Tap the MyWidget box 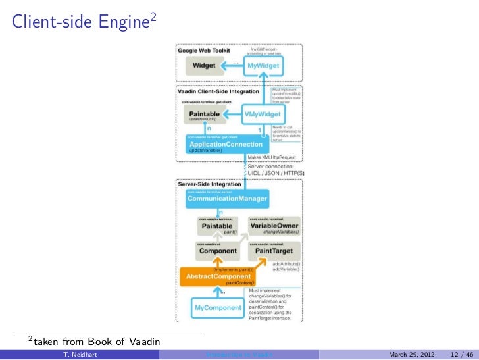click(x=263, y=66)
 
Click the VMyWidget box click(x=263, y=114)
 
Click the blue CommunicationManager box click(x=227, y=197)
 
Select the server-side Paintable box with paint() click(x=218, y=226)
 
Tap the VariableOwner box click(x=274, y=226)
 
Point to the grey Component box click(x=218, y=251)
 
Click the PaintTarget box click(x=274, y=251)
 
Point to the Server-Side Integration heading click(x=209, y=184)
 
